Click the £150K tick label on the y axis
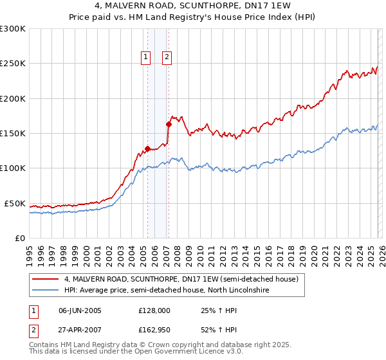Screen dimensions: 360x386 (13, 134)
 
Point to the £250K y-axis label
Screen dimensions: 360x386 (13, 64)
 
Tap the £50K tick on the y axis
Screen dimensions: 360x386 (15, 203)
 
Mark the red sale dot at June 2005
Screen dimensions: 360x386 (147, 148)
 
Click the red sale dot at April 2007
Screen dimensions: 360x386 (169, 124)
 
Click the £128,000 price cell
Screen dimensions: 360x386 (154, 310)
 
